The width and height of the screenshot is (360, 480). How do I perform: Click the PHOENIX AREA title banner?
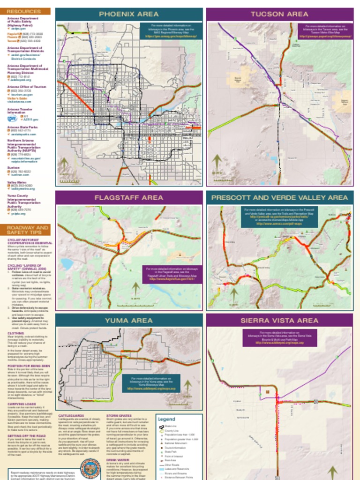[x=129, y=14]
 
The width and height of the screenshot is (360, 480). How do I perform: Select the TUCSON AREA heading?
[x=279, y=14]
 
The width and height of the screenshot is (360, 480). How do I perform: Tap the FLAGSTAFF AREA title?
[x=129, y=198]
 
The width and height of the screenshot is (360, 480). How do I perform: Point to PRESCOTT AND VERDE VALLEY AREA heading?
[x=279, y=198]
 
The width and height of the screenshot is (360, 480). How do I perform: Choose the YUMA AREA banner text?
[x=129, y=321]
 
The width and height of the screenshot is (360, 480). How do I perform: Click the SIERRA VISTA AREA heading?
[x=279, y=321]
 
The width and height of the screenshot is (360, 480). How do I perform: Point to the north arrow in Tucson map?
[x=217, y=163]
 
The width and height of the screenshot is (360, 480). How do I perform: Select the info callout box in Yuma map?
[x=151, y=383]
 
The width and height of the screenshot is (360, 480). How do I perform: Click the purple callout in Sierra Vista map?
[x=279, y=337]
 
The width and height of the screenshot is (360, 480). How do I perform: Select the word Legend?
[x=166, y=419]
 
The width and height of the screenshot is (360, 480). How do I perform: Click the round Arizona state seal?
[x=90, y=468]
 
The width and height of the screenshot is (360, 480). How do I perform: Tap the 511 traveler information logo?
[x=12, y=119]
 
